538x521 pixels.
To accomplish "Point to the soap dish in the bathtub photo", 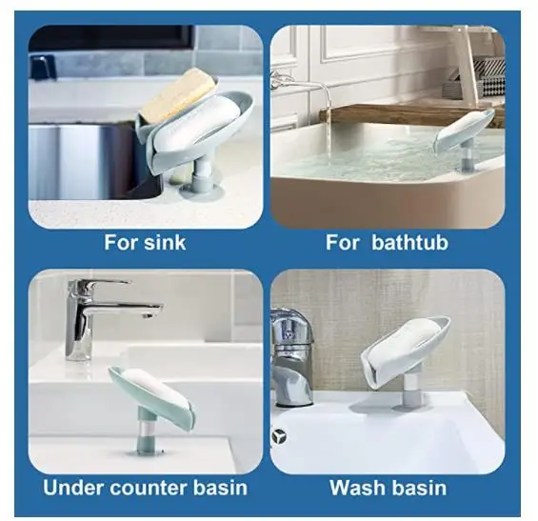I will click(464, 131).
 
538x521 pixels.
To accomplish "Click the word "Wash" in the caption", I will click(357, 489).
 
